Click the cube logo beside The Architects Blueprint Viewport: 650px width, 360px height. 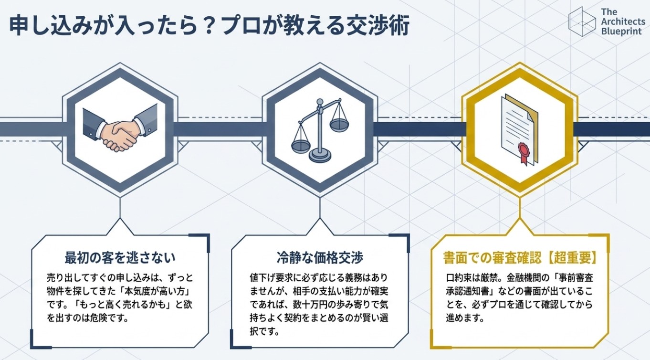582,22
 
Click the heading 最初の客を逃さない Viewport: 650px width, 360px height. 120,258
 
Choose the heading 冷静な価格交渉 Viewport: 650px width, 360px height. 319,258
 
